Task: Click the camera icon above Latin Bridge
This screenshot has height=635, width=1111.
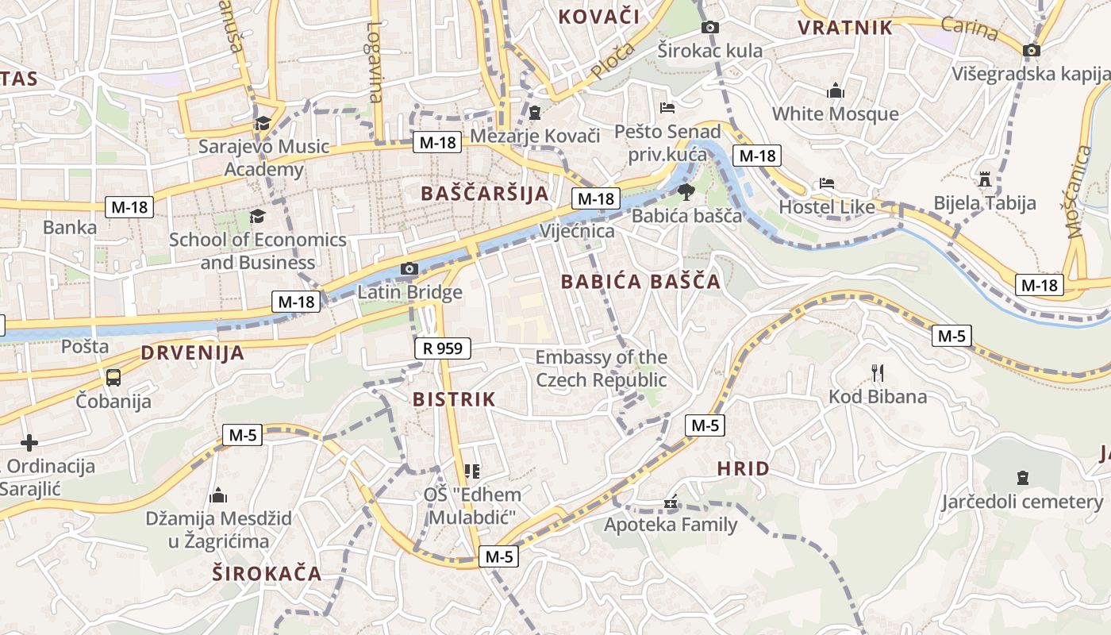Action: click(409, 269)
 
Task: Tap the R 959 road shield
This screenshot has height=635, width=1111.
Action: click(443, 348)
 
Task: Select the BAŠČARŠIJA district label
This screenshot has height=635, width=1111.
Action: click(485, 193)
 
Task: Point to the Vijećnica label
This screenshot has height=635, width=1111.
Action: click(577, 231)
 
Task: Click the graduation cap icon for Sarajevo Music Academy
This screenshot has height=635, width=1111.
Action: click(263, 124)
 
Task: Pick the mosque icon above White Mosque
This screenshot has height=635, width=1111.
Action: click(835, 91)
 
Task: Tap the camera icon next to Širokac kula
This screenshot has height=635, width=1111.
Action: click(711, 28)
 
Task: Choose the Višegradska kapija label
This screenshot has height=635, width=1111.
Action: click(1030, 74)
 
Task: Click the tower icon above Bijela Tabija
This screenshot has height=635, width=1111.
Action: click(985, 179)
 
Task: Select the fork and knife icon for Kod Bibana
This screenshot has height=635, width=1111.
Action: click(878, 372)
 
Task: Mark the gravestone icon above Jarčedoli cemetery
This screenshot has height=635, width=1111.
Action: click(1022, 478)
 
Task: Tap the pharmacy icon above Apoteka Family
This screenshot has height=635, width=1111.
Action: click(671, 502)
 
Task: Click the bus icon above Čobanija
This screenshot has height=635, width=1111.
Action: click(113, 377)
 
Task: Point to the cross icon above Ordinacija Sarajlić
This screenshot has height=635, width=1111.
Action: click(29, 442)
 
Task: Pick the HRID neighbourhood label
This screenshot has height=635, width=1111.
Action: click(743, 468)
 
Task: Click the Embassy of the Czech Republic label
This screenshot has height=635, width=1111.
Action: click(602, 368)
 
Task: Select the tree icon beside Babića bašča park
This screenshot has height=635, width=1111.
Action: click(686, 191)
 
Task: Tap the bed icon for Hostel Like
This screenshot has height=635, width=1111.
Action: click(827, 183)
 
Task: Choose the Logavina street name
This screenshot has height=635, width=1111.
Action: click(375, 61)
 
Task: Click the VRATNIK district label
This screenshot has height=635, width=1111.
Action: click(845, 28)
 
